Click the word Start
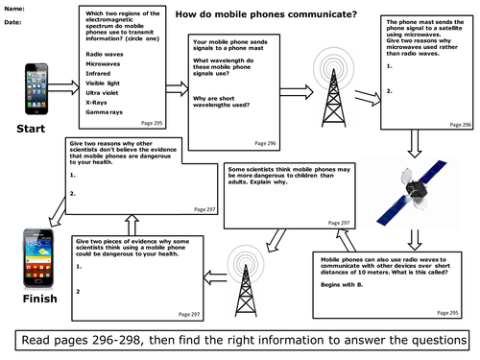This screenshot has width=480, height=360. point(34,128)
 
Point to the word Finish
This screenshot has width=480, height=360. point(35,300)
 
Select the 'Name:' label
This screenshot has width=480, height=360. point(15,9)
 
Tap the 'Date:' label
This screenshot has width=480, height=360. point(14,22)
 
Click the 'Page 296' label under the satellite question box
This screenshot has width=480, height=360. point(460,125)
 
